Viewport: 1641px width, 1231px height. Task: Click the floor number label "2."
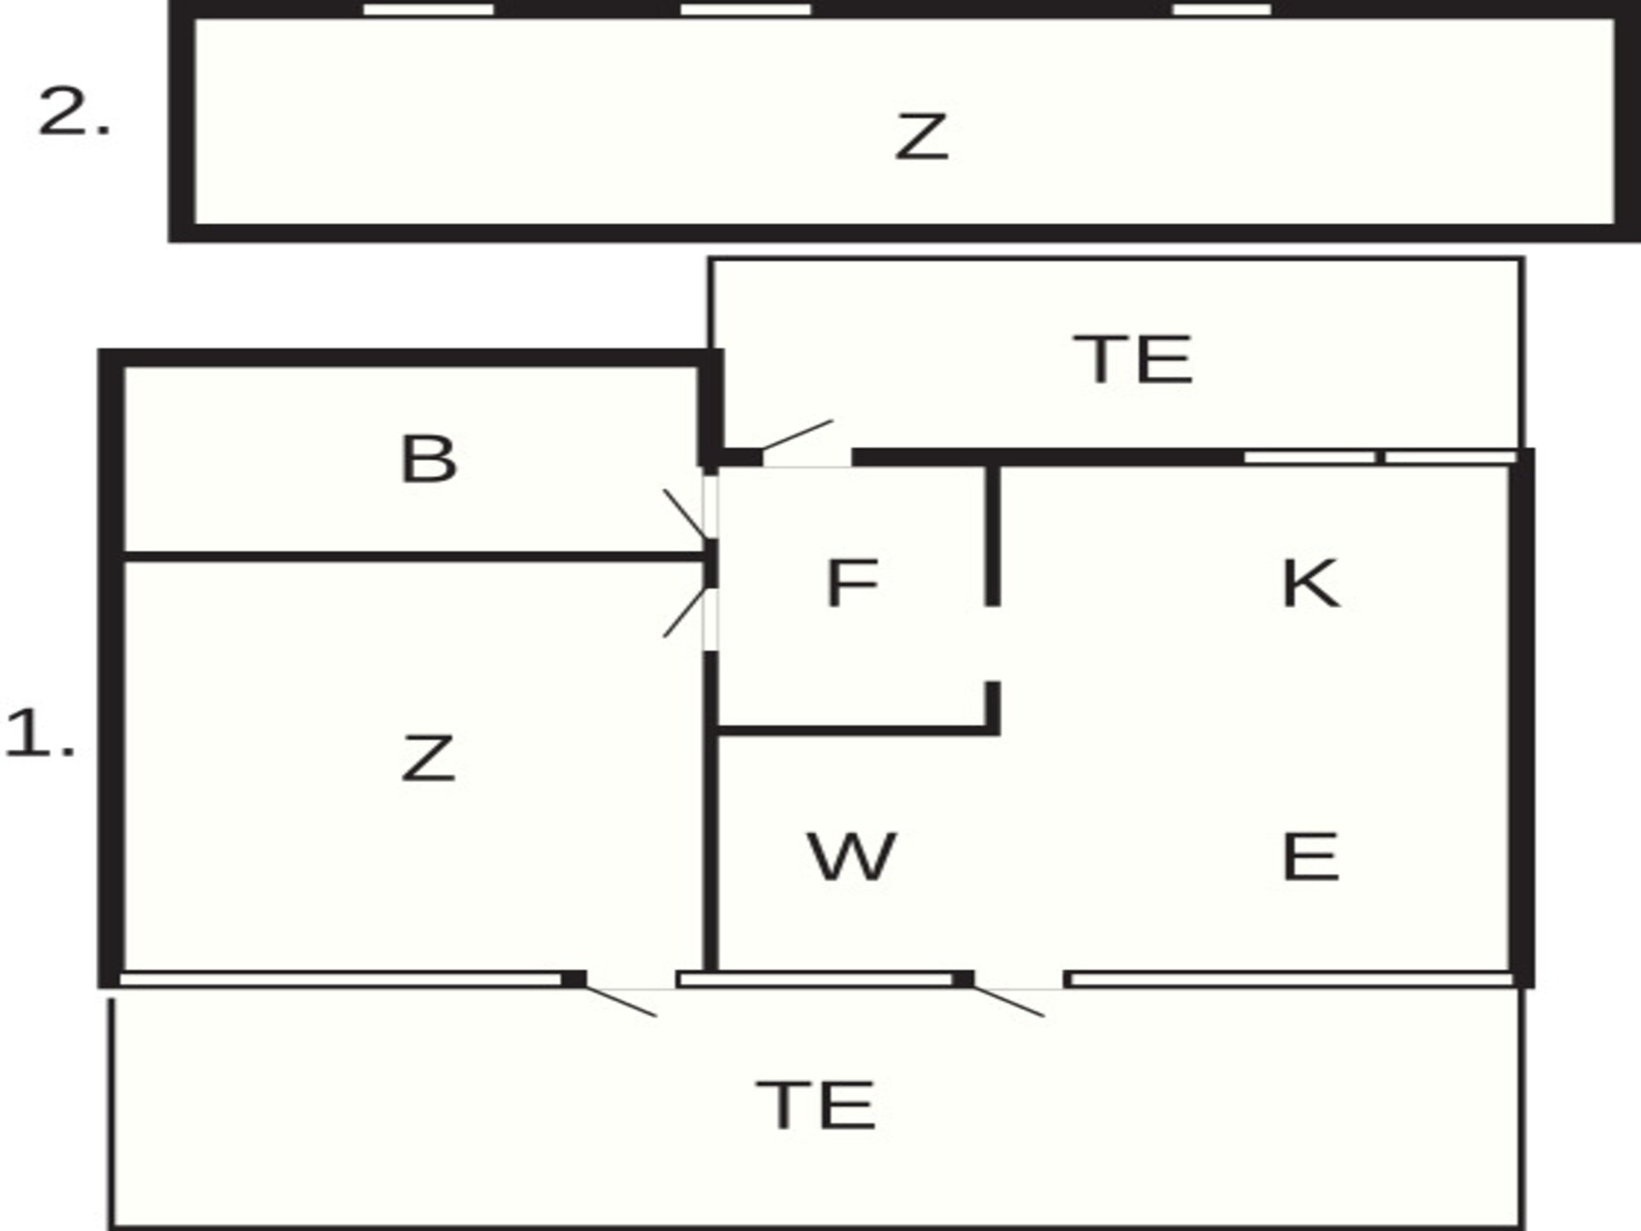(x=74, y=112)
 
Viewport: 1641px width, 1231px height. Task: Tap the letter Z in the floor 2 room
(x=921, y=137)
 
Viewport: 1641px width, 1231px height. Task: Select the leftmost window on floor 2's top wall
(x=428, y=9)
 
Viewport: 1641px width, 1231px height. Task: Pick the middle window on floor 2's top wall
(x=745, y=9)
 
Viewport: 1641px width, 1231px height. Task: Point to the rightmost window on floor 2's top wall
(x=1222, y=9)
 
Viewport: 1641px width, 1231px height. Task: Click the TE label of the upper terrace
(x=1132, y=360)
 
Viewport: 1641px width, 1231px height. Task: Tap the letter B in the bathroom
(x=429, y=459)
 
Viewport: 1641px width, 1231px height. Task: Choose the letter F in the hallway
(x=852, y=583)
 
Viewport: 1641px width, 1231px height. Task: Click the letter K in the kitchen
(x=1311, y=583)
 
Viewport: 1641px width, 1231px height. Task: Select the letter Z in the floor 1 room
(x=428, y=758)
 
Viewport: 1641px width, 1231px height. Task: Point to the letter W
(x=852, y=857)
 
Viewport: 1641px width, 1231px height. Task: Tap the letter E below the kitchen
(x=1310, y=857)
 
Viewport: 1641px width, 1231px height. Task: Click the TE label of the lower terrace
(x=816, y=1105)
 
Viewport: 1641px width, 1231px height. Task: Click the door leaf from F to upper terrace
(x=797, y=434)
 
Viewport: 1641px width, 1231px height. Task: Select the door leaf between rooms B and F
(x=685, y=515)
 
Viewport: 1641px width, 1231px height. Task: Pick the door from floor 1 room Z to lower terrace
(x=621, y=1002)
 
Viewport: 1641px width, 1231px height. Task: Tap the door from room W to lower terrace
(x=1009, y=1002)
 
